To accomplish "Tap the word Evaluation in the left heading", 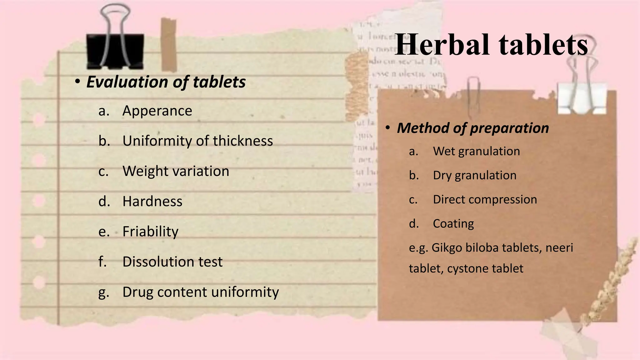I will point(127,82).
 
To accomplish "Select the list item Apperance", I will point(157,111).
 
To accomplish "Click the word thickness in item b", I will point(243,141).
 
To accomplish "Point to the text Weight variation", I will point(176,171).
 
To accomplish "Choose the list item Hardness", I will point(152,201).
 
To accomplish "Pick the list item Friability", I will point(150,232).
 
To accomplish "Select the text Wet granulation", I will point(476,151).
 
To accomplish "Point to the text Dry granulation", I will point(474,175).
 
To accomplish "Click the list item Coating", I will point(453,224).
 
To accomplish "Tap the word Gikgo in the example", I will point(447,248).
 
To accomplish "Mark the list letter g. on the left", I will point(103,292).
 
